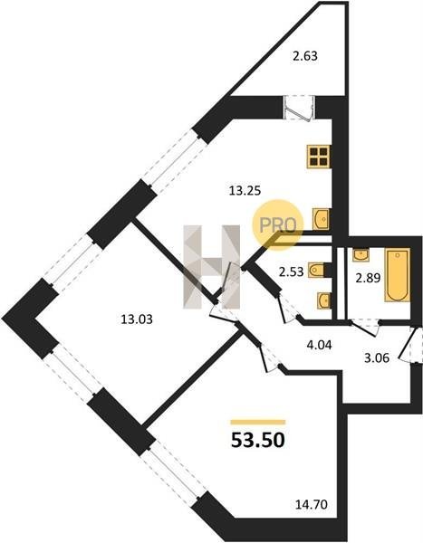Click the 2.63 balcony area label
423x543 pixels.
pos(305,56)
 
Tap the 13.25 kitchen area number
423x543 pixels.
pos(245,190)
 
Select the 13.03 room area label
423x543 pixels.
pos(137,319)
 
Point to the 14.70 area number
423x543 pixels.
pos(311,505)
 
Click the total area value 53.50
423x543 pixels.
pos(258,440)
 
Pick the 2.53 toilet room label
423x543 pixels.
pos(292,271)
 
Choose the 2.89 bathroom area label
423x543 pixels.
pos(369,278)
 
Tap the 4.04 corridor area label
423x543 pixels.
pos(319,345)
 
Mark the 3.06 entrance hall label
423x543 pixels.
pos(377,357)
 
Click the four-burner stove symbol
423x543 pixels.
pos(318,157)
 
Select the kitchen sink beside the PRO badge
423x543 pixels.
pos(321,219)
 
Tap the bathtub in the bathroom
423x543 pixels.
pos(397,274)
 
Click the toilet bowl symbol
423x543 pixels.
pos(316,271)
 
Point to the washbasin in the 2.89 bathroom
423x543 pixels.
pos(361,255)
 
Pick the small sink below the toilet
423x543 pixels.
pos(324,300)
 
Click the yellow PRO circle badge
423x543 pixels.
pos(278,224)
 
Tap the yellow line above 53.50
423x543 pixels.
pos(258,422)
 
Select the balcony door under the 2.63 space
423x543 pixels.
pos(299,108)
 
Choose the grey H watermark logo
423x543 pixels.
pos(212,267)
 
